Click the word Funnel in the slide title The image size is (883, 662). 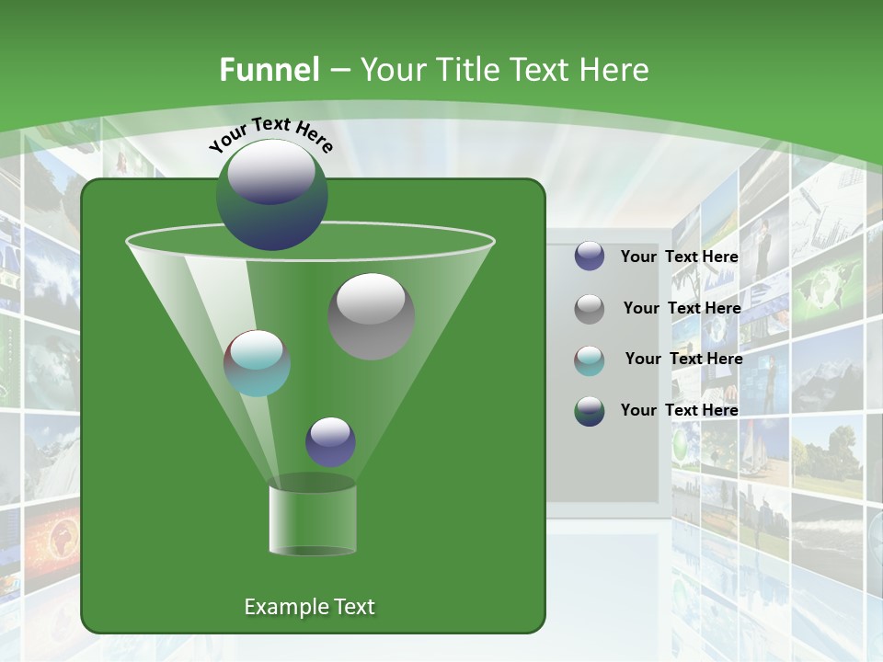coord(269,70)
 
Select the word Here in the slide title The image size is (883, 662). coord(608,70)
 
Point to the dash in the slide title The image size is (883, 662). coord(338,71)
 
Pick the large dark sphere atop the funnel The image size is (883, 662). coord(271,194)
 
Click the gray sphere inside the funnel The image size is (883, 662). coord(372,315)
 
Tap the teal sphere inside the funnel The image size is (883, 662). coord(257,363)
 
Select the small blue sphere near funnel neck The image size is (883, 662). coord(330,441)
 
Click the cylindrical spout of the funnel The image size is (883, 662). coord(312,519)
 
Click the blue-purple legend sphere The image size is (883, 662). coord(590,256)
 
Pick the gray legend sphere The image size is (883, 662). coord(590,308)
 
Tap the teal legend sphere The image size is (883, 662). coord(590,360)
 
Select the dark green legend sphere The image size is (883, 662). coord(590,410)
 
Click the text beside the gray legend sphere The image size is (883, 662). coord(682,308)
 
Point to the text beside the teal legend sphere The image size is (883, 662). coord(683,359)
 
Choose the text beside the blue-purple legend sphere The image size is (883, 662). coord(680,257)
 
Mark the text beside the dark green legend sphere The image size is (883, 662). coord(680,410)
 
